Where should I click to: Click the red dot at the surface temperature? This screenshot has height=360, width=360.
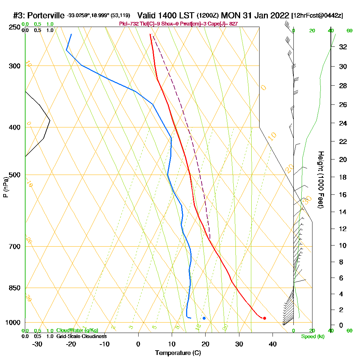click(265, 318)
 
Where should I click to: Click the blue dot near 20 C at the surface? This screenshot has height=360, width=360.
click(204, 318)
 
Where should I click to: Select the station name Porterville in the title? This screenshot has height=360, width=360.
click(46, 15)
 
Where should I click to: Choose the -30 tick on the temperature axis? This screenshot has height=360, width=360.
click(37, 344)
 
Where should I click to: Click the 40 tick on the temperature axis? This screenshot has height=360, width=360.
click(273, 344)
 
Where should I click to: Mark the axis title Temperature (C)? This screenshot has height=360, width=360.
click(178, 353)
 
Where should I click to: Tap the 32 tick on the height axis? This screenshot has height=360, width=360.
click(343, 47)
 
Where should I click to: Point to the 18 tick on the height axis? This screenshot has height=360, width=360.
click(343, 177)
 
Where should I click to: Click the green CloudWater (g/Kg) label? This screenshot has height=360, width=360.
click(77, 330)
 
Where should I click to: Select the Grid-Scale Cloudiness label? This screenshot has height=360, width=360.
click(81, 336)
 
